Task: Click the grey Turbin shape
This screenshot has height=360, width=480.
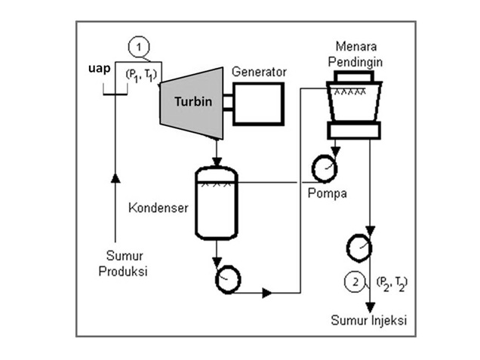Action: [x=192, y=103]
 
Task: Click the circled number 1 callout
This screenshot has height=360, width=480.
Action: [x=139, y=48]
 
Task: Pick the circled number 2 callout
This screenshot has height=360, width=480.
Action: [x=355, y=282]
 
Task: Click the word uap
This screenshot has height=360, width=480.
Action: [x=99, y=69]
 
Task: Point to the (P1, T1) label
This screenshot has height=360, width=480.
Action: [x=141, y=75]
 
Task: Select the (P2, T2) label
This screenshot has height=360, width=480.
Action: [x=392, y=284]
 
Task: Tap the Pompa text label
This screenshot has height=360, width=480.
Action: [x=328, y=194]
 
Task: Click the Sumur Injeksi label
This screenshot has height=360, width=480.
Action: [x=368, y=320]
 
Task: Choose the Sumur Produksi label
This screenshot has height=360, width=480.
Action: [x=123, y=263]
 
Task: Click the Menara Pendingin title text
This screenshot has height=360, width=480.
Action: [x=355, y=54]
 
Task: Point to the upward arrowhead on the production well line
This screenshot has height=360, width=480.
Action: [x=115, y=178]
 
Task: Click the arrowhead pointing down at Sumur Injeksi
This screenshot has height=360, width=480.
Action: [x=371, y=307]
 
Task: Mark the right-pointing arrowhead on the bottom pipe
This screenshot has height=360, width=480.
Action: [x=267, y=293]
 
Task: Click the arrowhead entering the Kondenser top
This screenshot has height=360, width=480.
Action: [x=217, y=162]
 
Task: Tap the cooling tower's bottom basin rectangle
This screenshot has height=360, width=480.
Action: [x=354, y=131]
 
